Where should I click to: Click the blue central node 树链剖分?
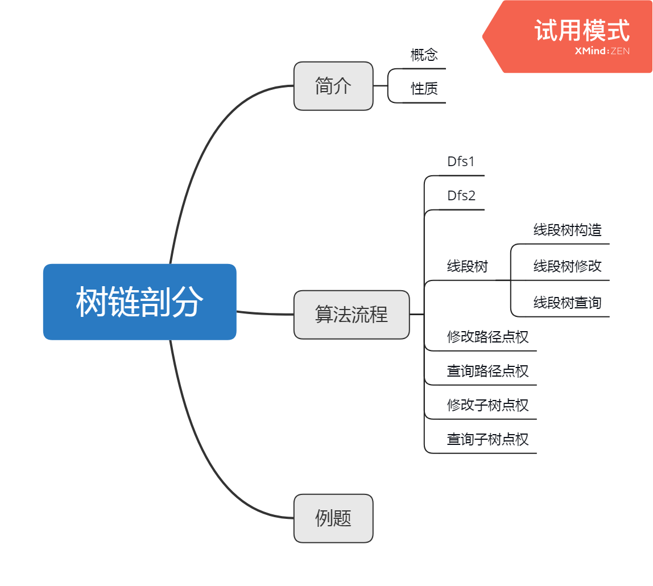[139, 302]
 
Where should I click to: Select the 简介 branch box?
[333, 86]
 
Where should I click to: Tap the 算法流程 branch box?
[352, 315]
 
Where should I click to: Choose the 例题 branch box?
[333, 518]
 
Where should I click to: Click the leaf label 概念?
[424, 55]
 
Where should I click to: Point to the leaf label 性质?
[424, 89]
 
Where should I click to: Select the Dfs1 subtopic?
[461, 162]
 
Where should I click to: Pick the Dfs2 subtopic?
[461, 196]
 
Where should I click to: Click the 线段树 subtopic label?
[467, 266]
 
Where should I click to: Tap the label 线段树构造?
[567, 230]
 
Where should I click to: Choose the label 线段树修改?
[567, 266]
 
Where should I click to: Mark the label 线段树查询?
[567, 302]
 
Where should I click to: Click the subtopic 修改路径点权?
[487, 337]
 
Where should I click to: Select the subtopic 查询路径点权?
[487, 371]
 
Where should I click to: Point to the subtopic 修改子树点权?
[487, 405]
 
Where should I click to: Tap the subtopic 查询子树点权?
[487, 439]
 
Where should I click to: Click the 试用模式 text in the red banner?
[581, 30]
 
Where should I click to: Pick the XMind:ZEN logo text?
[602, 51]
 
